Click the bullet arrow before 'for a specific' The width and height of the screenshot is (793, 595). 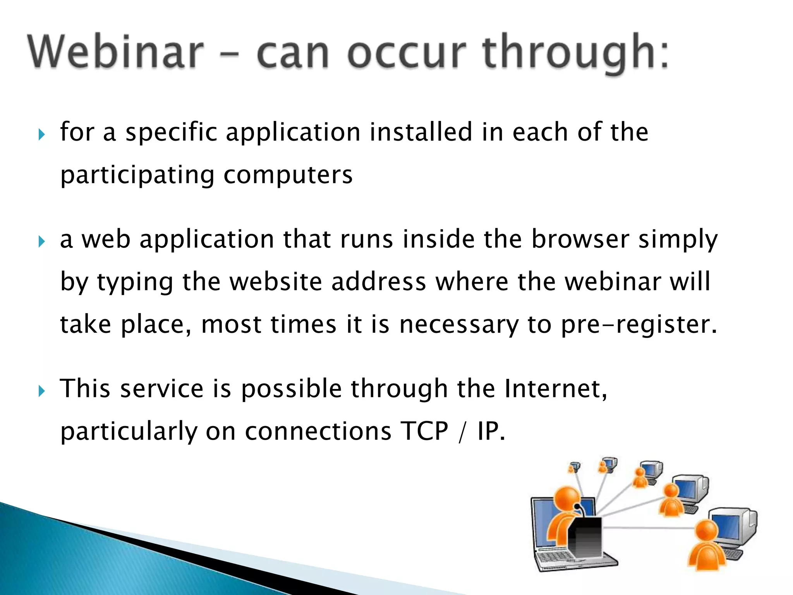(x=42, y=135)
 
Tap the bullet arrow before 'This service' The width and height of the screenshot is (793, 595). (x=42, y=392)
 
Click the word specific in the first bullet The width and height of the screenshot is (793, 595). (x=171, y=132)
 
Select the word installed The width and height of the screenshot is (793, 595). (x=421, y=132)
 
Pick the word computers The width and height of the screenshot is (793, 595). (x=288, y=175)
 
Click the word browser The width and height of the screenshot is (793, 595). (x=580, y=239)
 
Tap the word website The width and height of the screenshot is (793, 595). (x=276, y=282)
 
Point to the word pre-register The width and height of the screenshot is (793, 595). (x=639, y=325)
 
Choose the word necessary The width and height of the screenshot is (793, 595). (x=458, y=325)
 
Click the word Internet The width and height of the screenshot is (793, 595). (x=555, y=389)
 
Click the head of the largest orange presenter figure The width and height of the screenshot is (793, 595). (x=567, y=499)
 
